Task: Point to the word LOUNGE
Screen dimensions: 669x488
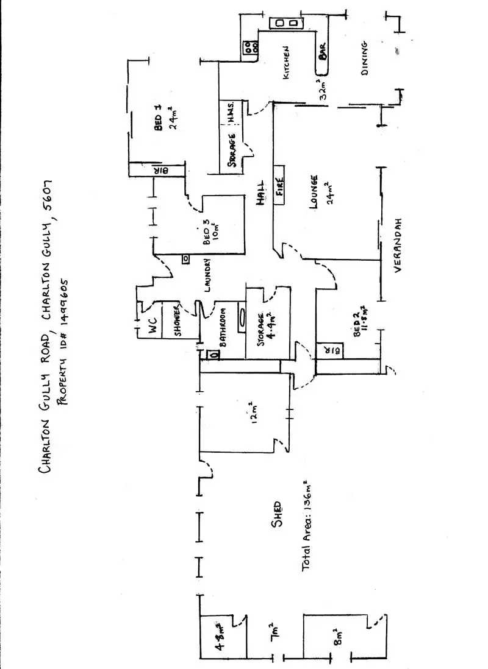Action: pyautogui.click(x=314, y=192)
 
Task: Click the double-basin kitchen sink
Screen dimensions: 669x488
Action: pyautogui.click(x=287, y=23)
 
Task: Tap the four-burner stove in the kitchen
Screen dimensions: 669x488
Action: pyautogui.click(x=249, y=48)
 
